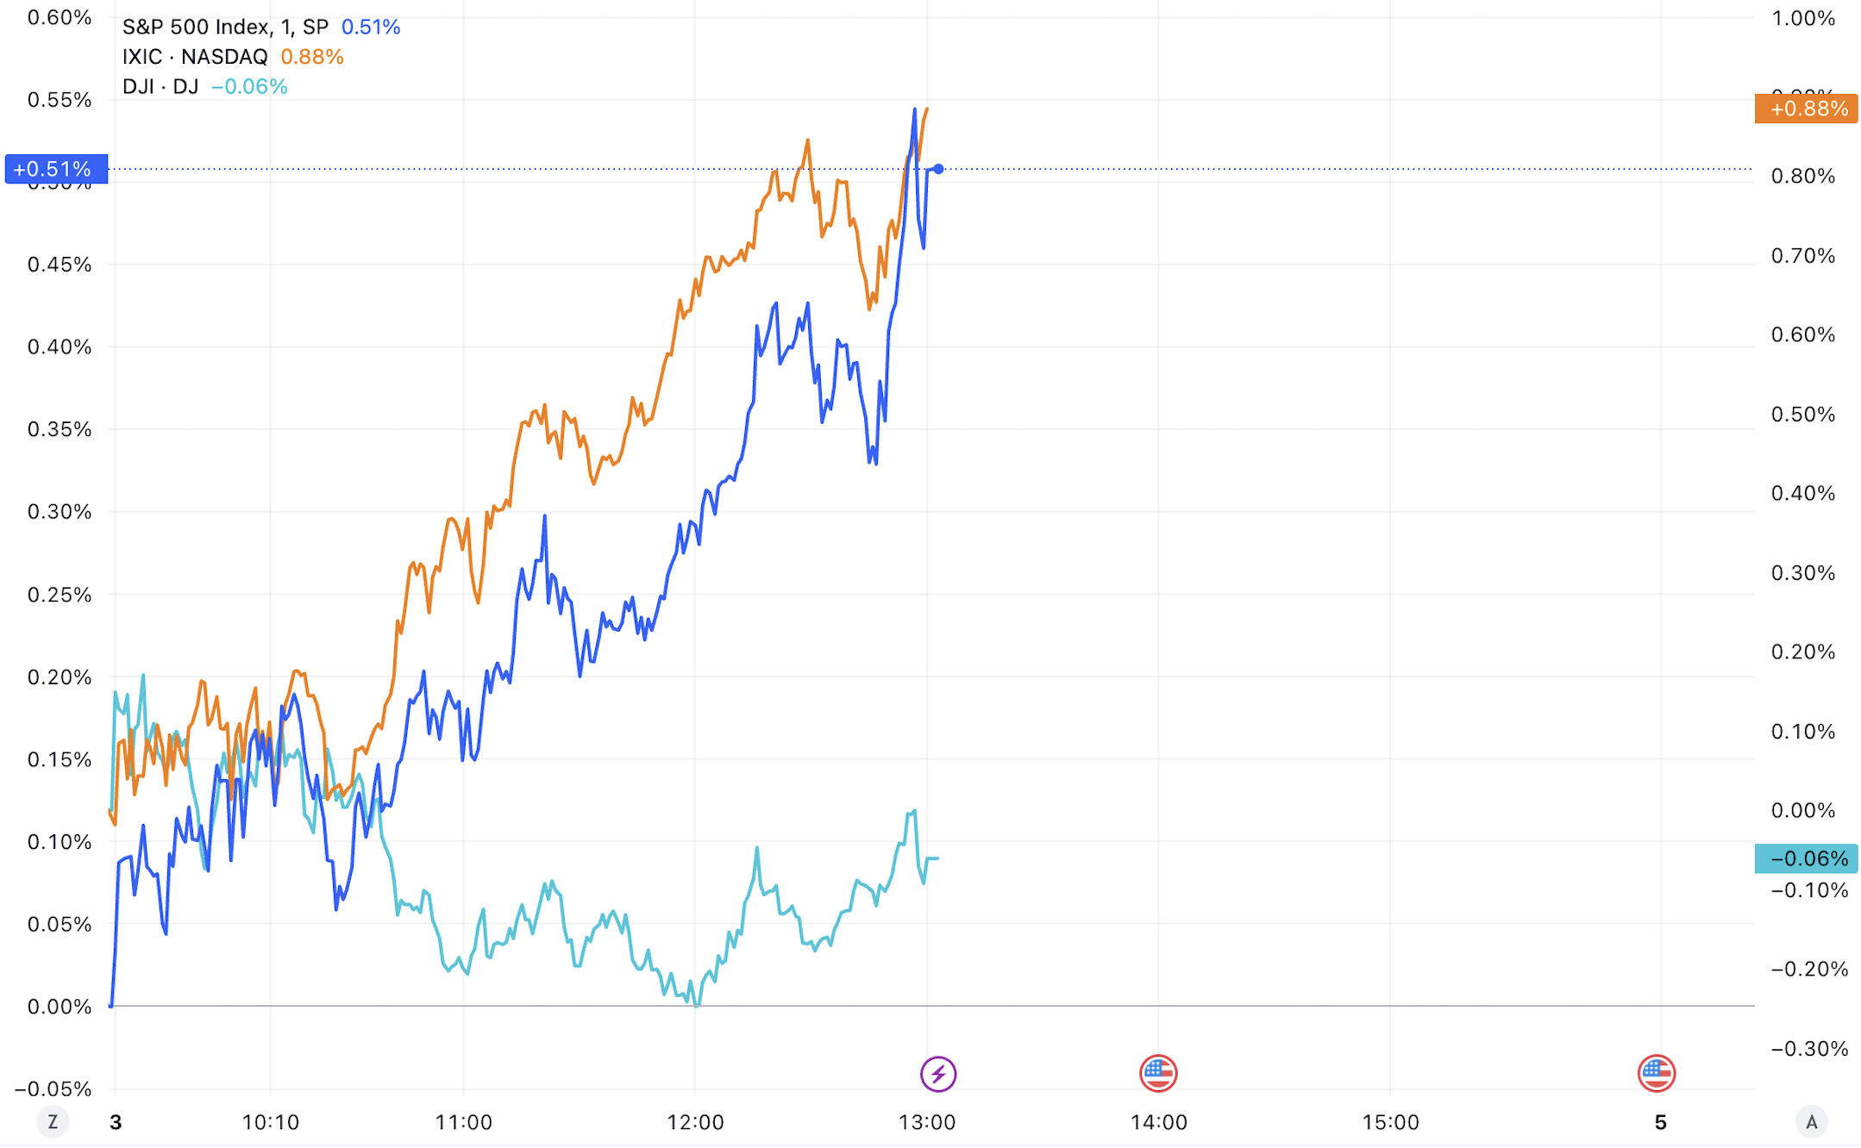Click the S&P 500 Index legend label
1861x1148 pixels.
(x=224, y=28)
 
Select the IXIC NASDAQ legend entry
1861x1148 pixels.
(x=195, y=57)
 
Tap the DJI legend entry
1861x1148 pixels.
(x=160, y=86)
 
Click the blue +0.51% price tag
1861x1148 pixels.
(x=56, y=169)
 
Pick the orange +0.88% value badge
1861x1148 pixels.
(x=1806, y=109)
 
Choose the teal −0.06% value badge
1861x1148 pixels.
(x=1806, y=858)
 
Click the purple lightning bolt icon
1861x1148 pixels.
(x=937, y=1074)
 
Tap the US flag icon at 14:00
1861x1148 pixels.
(x=1158, y=1073)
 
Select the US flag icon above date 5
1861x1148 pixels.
(x=1656, y=1073)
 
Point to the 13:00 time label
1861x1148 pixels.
(x=927, y=1122)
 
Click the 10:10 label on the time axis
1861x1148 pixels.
(x=270, y=1122)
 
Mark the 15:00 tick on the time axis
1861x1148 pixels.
(x=1390, y=1122)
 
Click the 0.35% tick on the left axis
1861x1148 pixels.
(x=60, y=429)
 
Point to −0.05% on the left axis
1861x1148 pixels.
(x=53, y=1089)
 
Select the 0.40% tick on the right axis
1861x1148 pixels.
(x=1803, y=493)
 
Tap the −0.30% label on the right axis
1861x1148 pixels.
(x=1808, y=1049)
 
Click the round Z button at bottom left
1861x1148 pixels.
(x=53, y=1122)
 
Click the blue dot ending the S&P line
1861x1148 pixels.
(x=938, y=169)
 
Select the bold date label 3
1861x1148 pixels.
(x=116, y=1122)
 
